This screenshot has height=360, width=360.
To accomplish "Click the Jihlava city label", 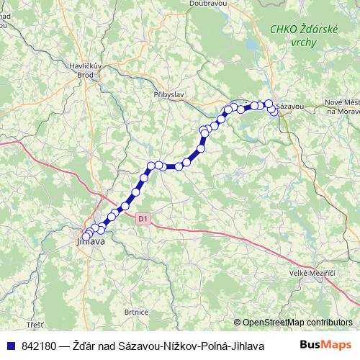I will pyautogui.click(x=91, y=242).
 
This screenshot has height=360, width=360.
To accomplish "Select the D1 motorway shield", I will pyautogui.click(x=143, y=217).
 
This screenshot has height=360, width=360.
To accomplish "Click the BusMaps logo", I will pyautogui.click(x=330, y=345).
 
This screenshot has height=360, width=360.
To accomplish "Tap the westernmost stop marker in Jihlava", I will pyautogui.click(x=86, y=237).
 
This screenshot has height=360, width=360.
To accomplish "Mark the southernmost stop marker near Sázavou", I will pyautogui.click(x=274, y=112).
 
